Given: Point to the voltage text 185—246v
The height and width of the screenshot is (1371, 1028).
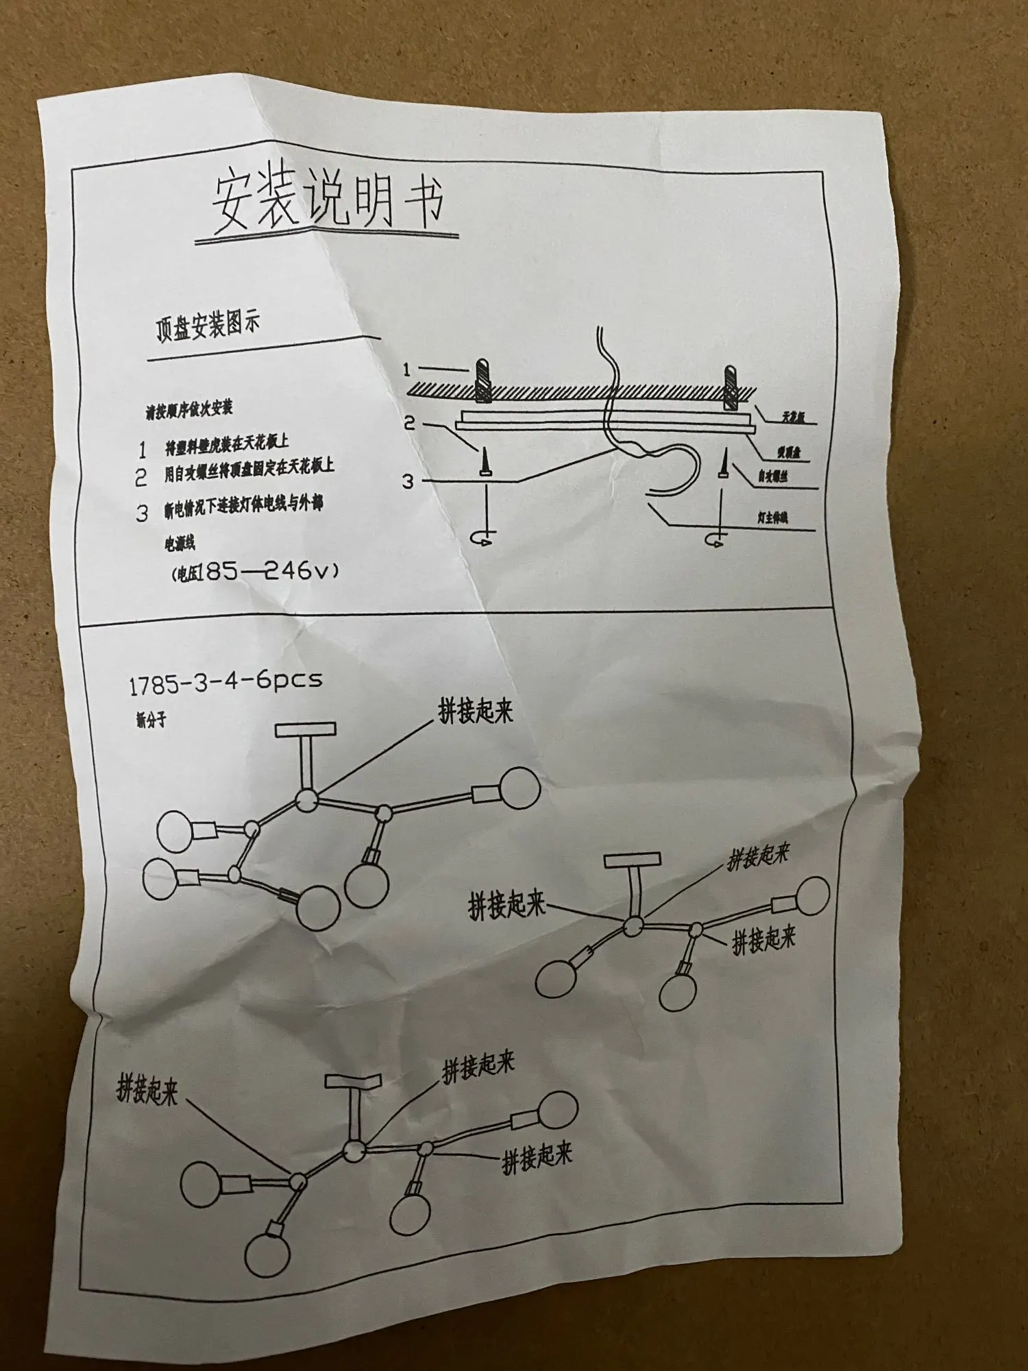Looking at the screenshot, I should click(x=271, y=570).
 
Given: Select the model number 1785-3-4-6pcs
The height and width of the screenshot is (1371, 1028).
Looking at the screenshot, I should click(x=225, y=682).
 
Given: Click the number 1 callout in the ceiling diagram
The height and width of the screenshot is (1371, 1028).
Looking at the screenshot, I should click(x=407, y=370).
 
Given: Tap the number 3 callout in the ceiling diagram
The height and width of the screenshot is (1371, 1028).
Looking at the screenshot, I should click(x=408, y=482).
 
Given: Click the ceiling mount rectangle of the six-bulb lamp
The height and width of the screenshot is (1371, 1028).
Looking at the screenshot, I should click(x=306, y=729).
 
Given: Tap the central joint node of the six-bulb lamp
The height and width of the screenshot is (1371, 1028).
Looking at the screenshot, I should click(x=306, y=799).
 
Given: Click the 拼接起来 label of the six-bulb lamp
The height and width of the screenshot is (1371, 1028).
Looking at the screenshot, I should click(x=476, y=712).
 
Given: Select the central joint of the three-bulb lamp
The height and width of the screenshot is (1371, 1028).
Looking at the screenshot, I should click(x=632, y=926).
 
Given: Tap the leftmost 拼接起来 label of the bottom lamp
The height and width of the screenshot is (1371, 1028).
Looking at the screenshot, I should click(x=147, y=1089).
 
